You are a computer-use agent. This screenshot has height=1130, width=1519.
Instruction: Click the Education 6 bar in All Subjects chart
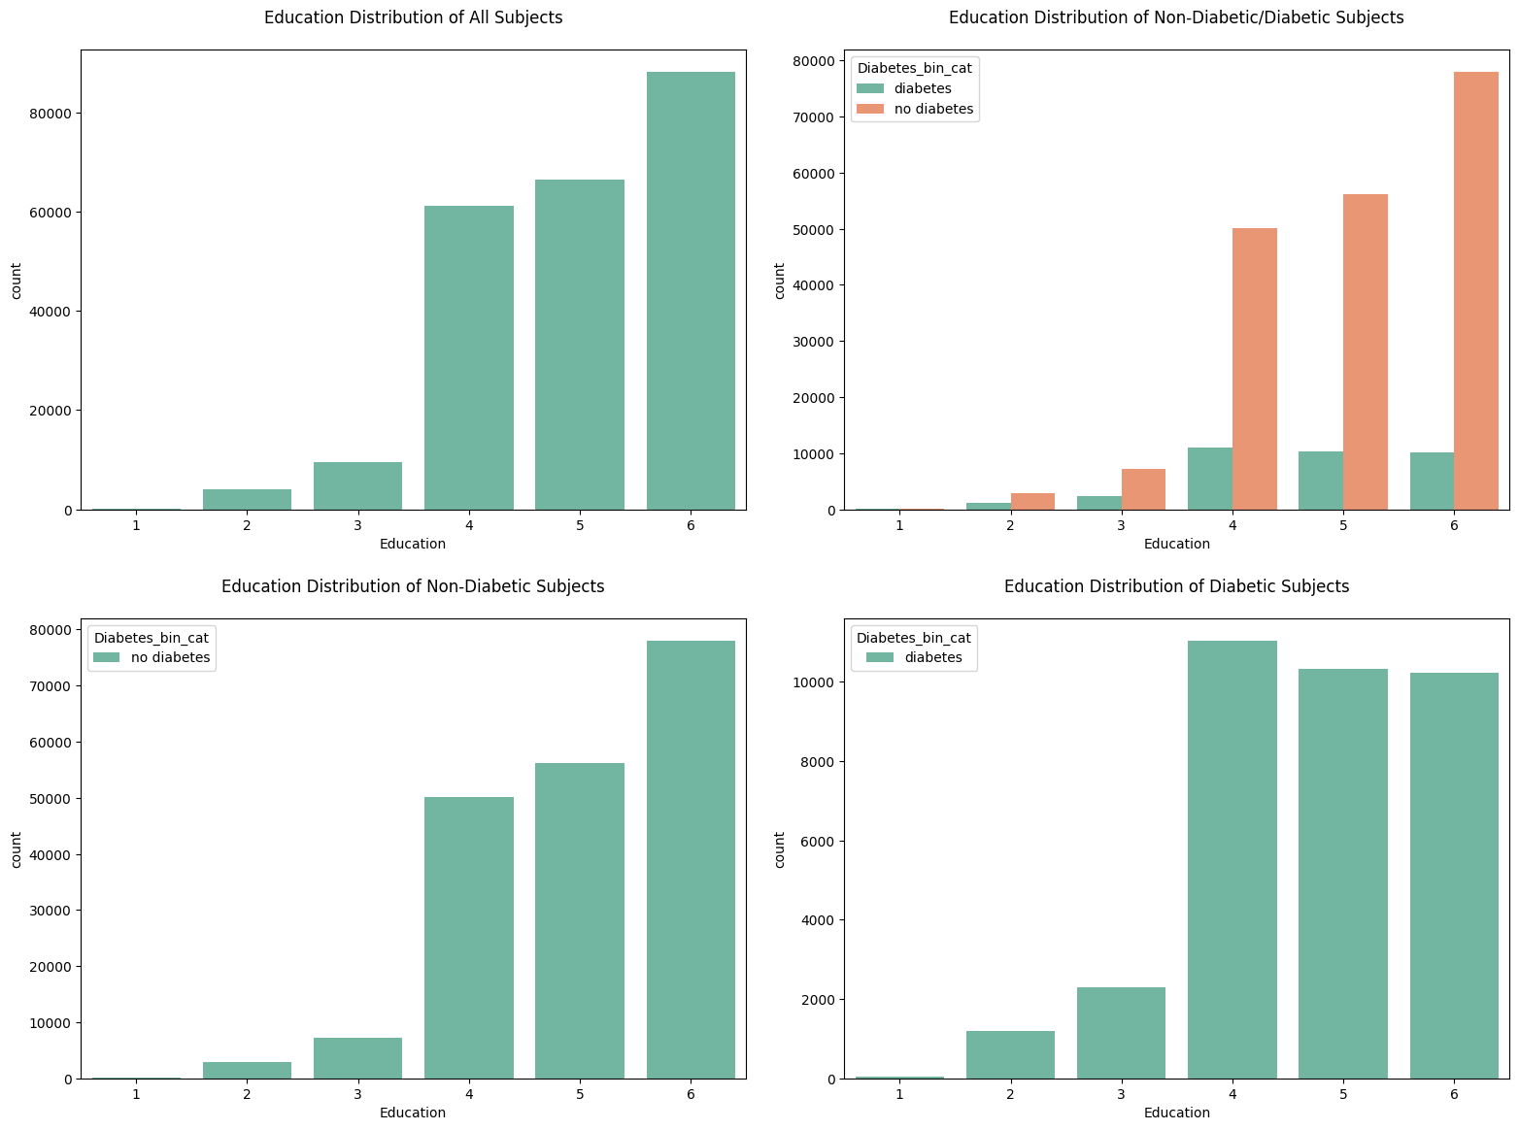click(x=691, y=291)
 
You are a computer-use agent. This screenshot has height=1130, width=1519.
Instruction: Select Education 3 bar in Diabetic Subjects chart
click(x=1121, y=1033)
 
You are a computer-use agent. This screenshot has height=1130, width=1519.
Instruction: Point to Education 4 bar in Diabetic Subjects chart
click(x=1232, y=859)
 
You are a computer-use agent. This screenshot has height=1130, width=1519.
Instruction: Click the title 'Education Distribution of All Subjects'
click(x=413, y=17)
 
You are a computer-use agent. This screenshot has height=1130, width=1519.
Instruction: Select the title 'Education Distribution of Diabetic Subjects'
click(x=1176, y=586)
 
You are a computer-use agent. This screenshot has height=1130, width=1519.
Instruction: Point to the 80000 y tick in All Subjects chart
click(x=52, y=114)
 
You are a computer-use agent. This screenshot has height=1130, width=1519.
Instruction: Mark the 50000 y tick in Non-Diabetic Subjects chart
click(x=52, y=799)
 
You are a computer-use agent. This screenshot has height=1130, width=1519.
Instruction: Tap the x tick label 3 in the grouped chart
click(x=1121, y=525)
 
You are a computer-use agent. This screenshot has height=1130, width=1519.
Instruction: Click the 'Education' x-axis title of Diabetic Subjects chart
click(x=1176, y=1113)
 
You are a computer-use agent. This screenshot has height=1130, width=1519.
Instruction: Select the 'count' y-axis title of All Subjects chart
click(x=17, y=280)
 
